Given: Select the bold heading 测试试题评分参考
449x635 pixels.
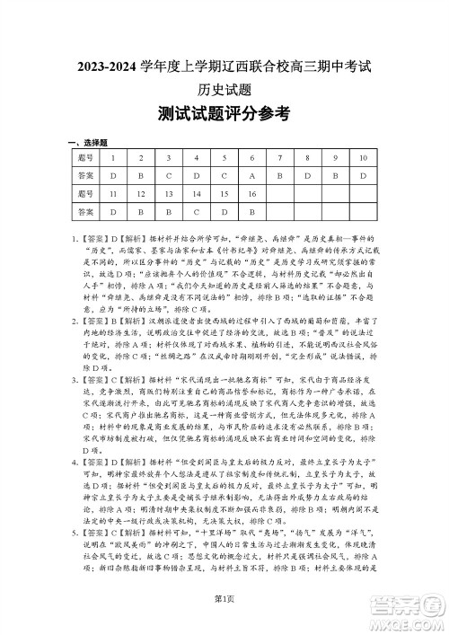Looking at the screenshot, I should pyautogui.click(x=224, y=114).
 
